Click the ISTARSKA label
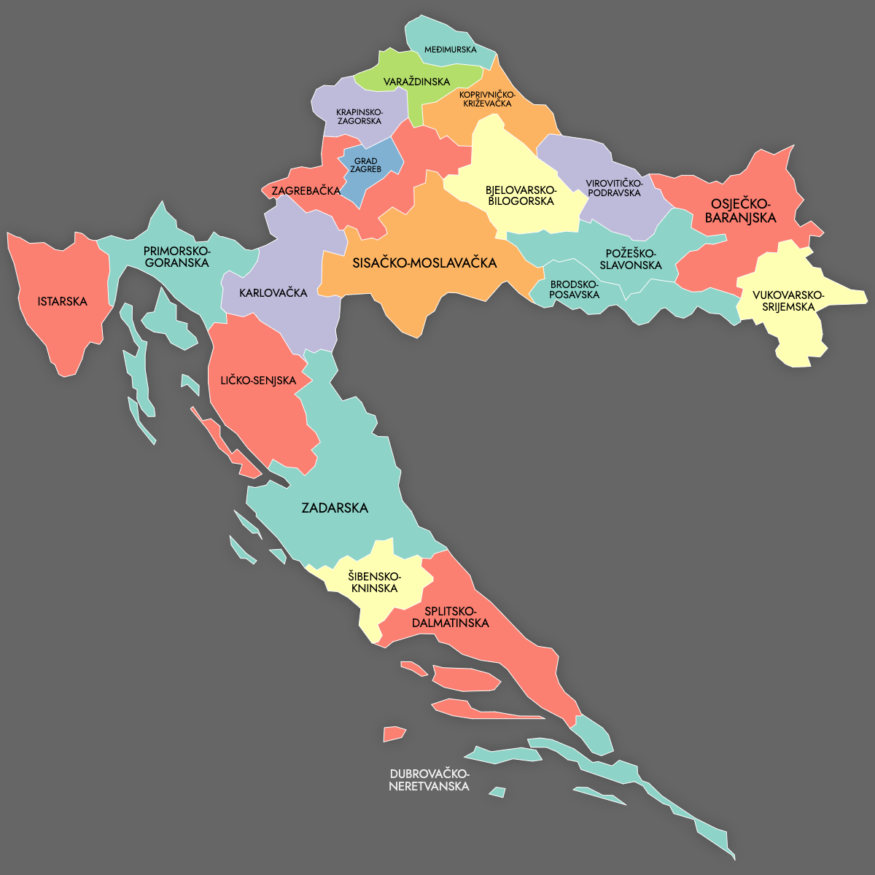click(63, 301)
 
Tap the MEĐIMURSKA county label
click(451, 50)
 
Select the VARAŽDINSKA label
click(417, 82)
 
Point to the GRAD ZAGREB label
click(365, 166)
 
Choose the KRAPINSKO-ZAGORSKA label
click(359, 117)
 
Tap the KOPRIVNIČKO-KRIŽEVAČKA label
click(487, 99)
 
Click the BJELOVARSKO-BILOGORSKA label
click(521, 195)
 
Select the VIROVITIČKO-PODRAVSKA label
click(614, 187)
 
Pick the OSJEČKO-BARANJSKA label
click(740, 211)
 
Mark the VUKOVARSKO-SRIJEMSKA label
click(788, 300)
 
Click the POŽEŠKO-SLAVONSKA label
click(631, 260)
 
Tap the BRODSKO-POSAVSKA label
click(575, 289)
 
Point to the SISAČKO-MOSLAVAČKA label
click(424, 262)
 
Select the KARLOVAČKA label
click(273, 293)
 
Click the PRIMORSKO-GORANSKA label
click(176, 257)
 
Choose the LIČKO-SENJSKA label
click(258, 381)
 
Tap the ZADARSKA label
click(335, 507)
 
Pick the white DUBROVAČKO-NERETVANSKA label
click(429, 780)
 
